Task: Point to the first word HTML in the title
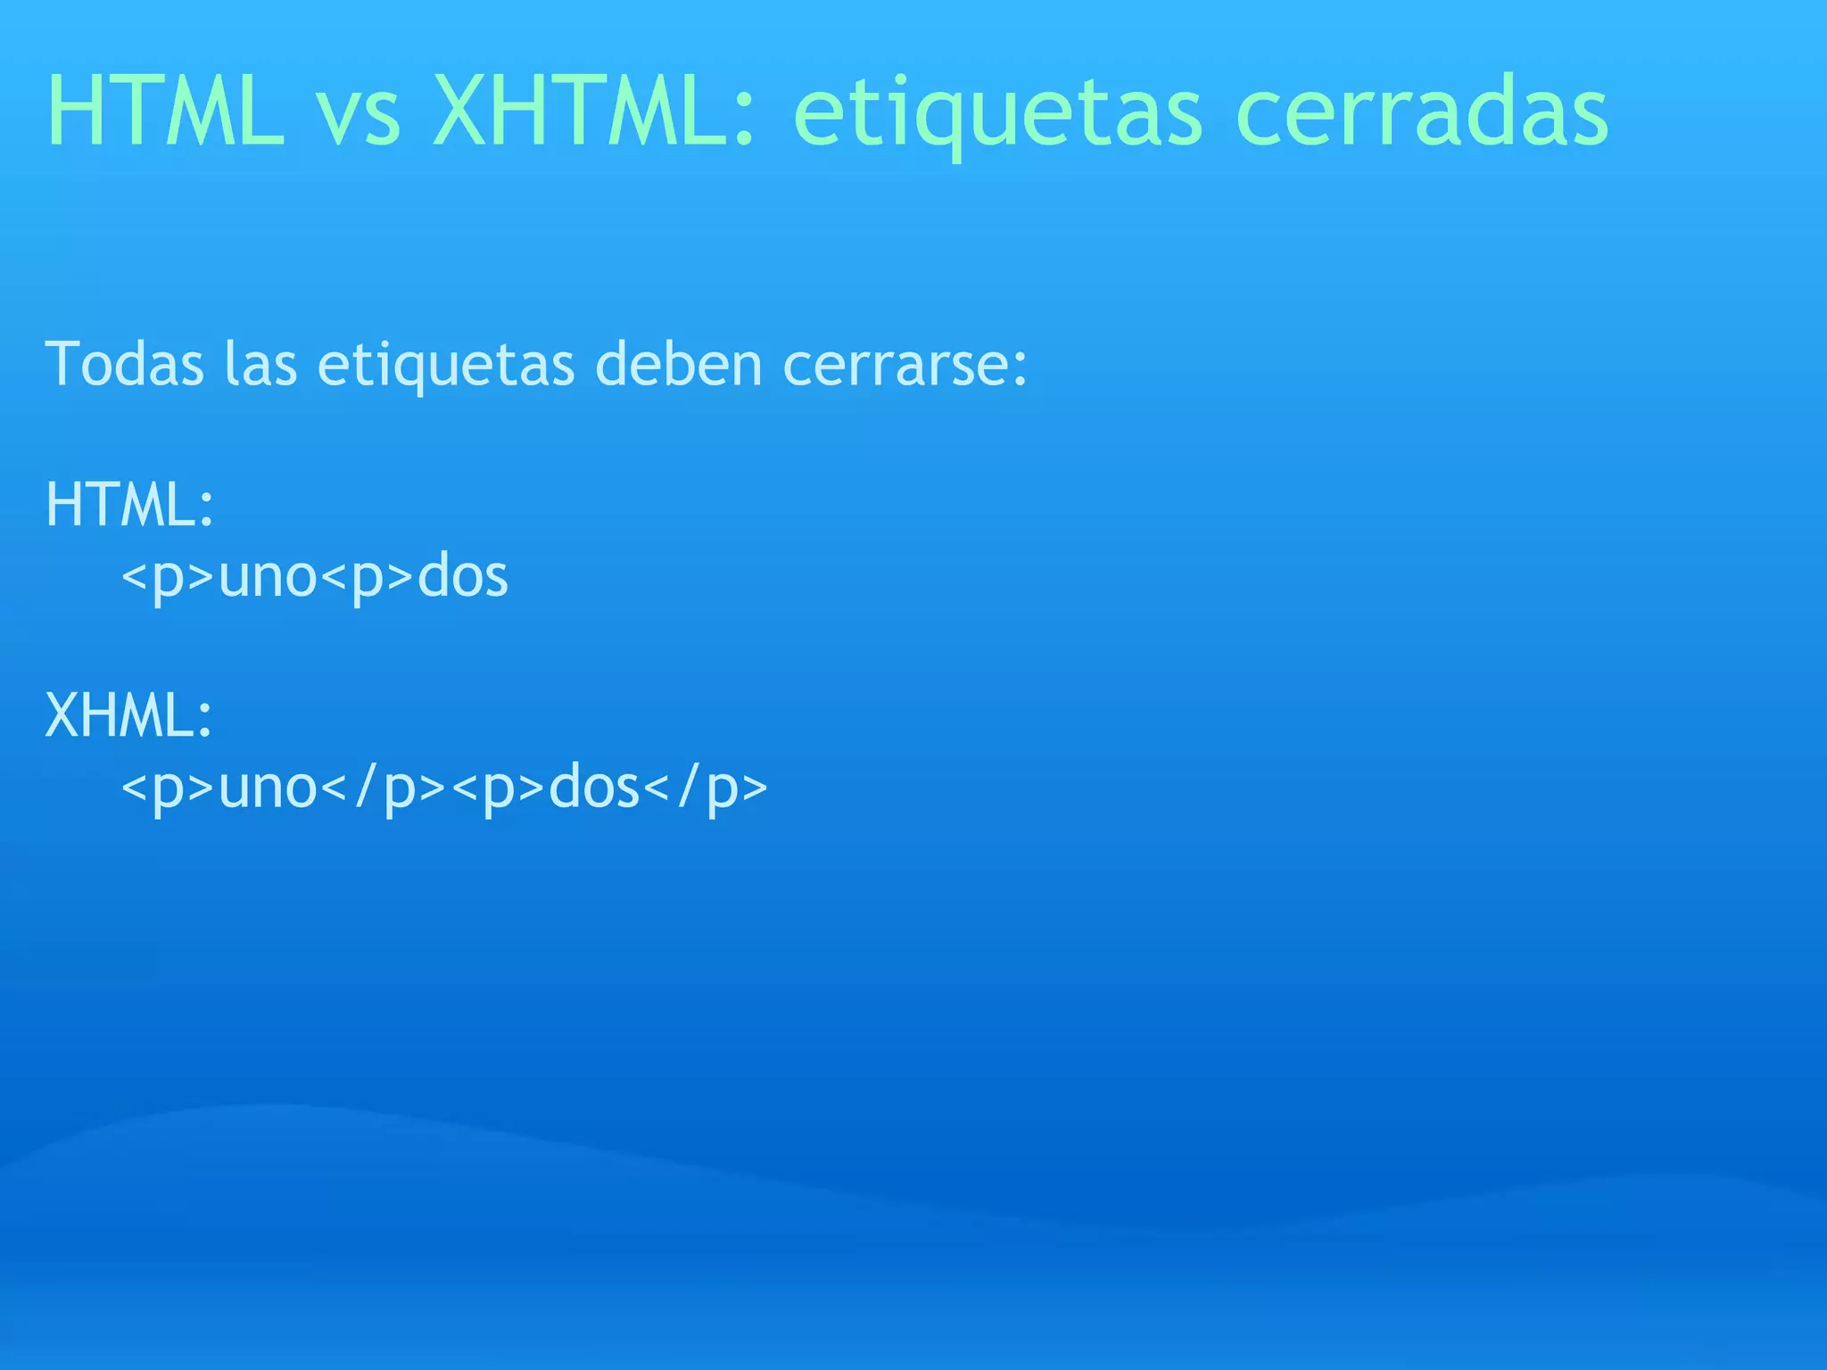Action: [x=165, y=112]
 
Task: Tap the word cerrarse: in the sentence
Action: [x=905, y=366]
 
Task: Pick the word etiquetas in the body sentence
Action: [x=446, y=366]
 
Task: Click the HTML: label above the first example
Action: [x=130, y=505]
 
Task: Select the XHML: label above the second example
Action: [x=130, y=715]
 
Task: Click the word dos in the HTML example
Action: [x=463, y=576]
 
